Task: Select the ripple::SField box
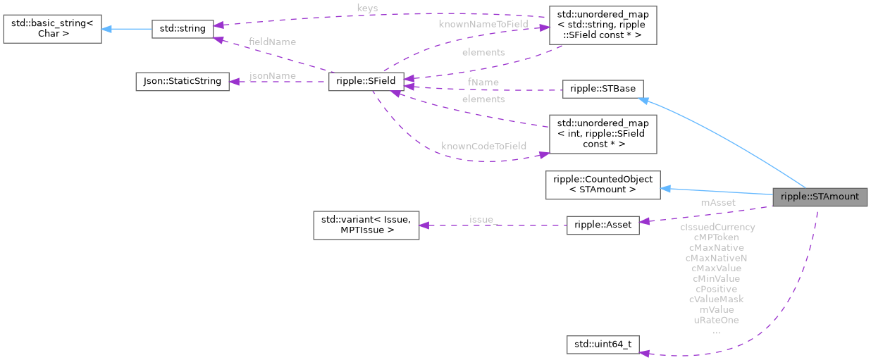pos(366,82)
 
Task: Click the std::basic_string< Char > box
pos(52,29)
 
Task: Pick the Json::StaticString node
pos(183,81)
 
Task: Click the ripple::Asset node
pos(603,225)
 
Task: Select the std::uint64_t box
pos(603,345)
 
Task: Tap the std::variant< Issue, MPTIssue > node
pos(366,225)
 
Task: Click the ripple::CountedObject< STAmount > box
pos(603,185)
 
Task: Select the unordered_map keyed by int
pos(603,134)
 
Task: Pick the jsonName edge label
pos(273,75)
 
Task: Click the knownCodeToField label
pos(483,146)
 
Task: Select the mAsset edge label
pos(717,202)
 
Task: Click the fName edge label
pos(483,82)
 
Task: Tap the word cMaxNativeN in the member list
pos(716,258)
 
